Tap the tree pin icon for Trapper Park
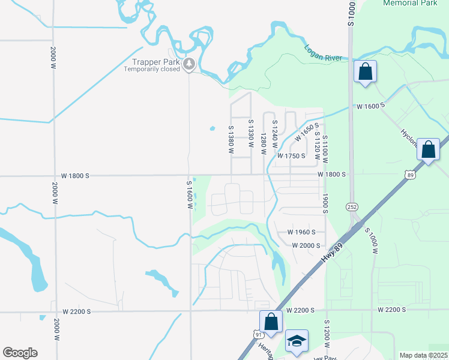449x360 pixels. click(190, 63)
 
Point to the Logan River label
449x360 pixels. click(323, 53)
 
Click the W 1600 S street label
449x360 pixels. click(370, 106)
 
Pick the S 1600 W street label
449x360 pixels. click(189, 194)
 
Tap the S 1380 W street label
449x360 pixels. click(230, 139)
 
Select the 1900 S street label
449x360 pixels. click(324, 203)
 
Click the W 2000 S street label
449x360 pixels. click(306, 245)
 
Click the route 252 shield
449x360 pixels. click(352, 206)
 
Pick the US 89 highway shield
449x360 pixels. click(411, 175)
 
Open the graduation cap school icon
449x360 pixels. click(297, 341)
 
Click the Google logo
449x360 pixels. click(20, 353)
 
